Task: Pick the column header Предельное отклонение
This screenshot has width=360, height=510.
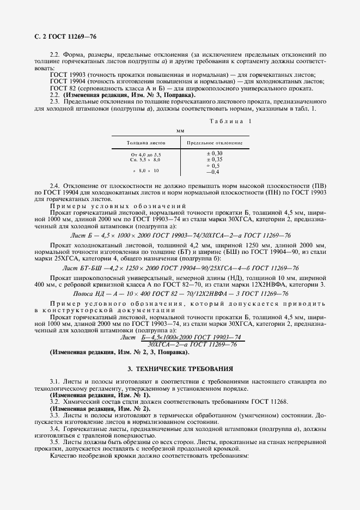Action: pyautogui.click(x=215, y=143)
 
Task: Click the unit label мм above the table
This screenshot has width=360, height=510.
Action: pyautogui.click(x=180, y=131)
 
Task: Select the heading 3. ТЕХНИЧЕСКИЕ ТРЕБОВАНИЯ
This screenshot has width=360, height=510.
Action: pyautogui.click(x=180, y=368)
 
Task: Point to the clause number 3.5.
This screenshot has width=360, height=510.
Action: pyautogui.click(x=54, y=442)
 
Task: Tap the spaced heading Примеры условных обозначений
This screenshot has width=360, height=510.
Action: pyautogui.click(x=118, y=206)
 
